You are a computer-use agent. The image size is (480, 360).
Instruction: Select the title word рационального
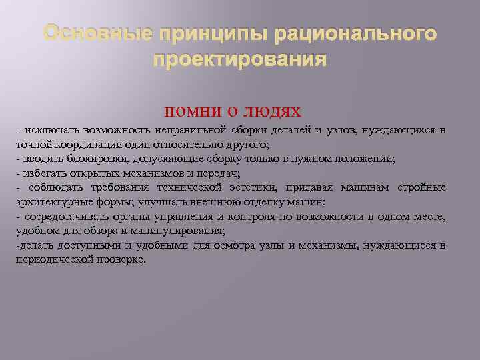pos(355,33)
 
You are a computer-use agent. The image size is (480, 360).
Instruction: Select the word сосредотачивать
pos(65,217)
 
